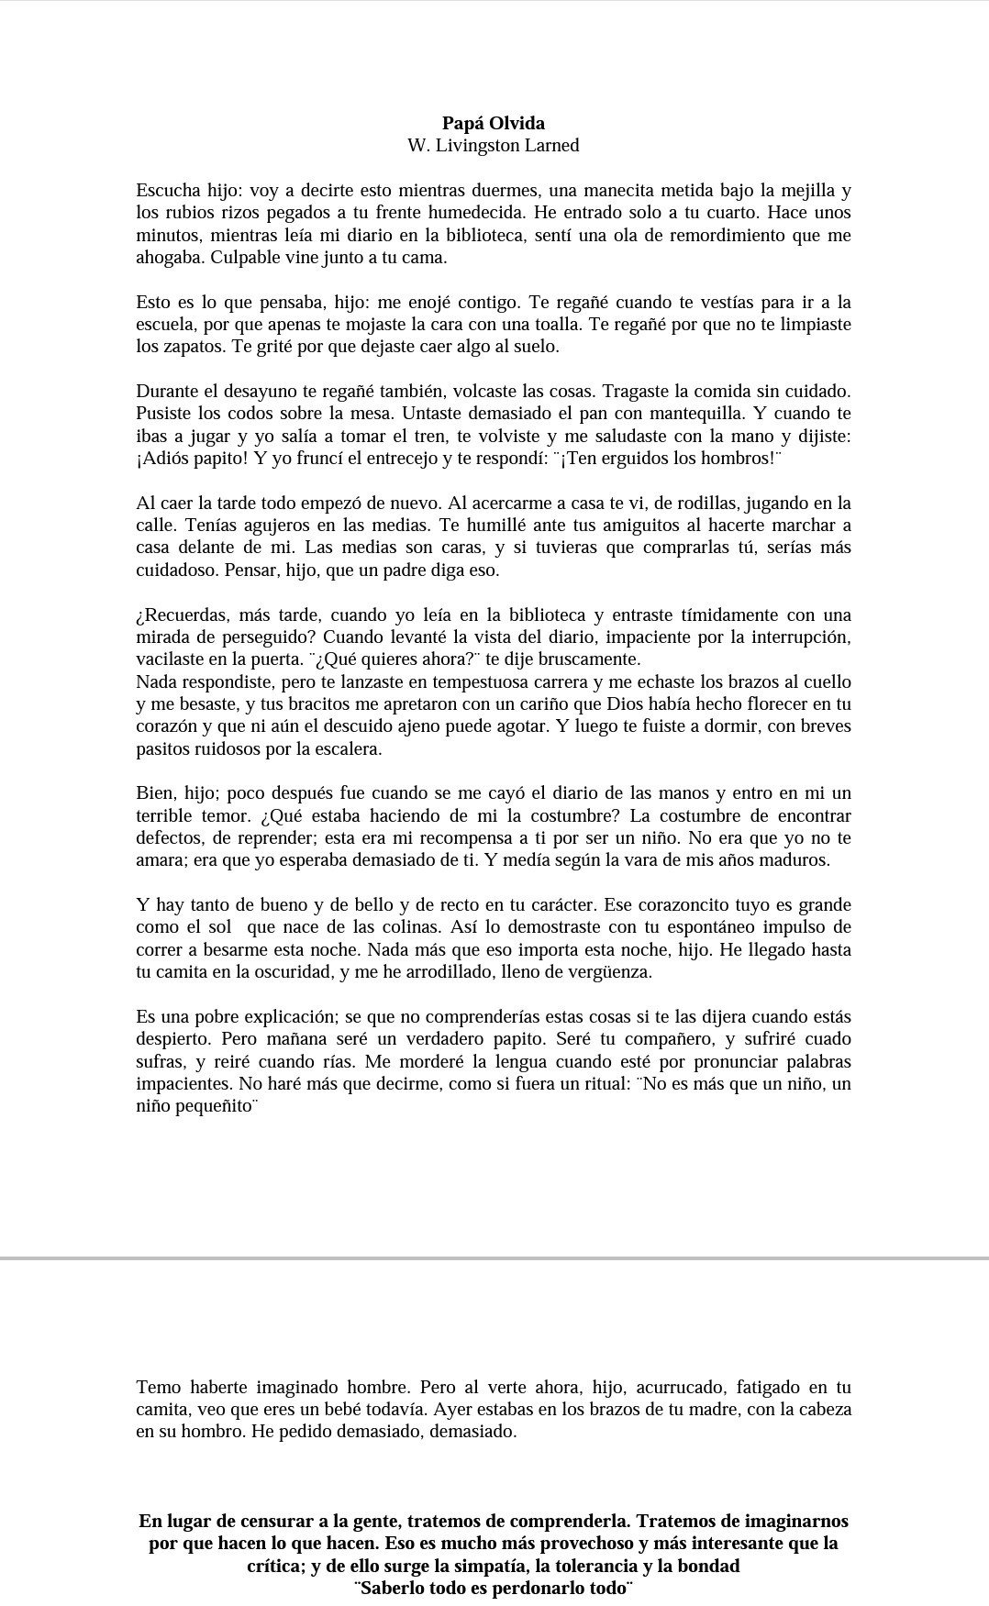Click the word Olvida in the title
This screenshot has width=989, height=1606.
point(517,123)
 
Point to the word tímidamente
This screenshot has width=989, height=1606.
point(696,615)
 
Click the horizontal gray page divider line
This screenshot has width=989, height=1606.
point(494,1258)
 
